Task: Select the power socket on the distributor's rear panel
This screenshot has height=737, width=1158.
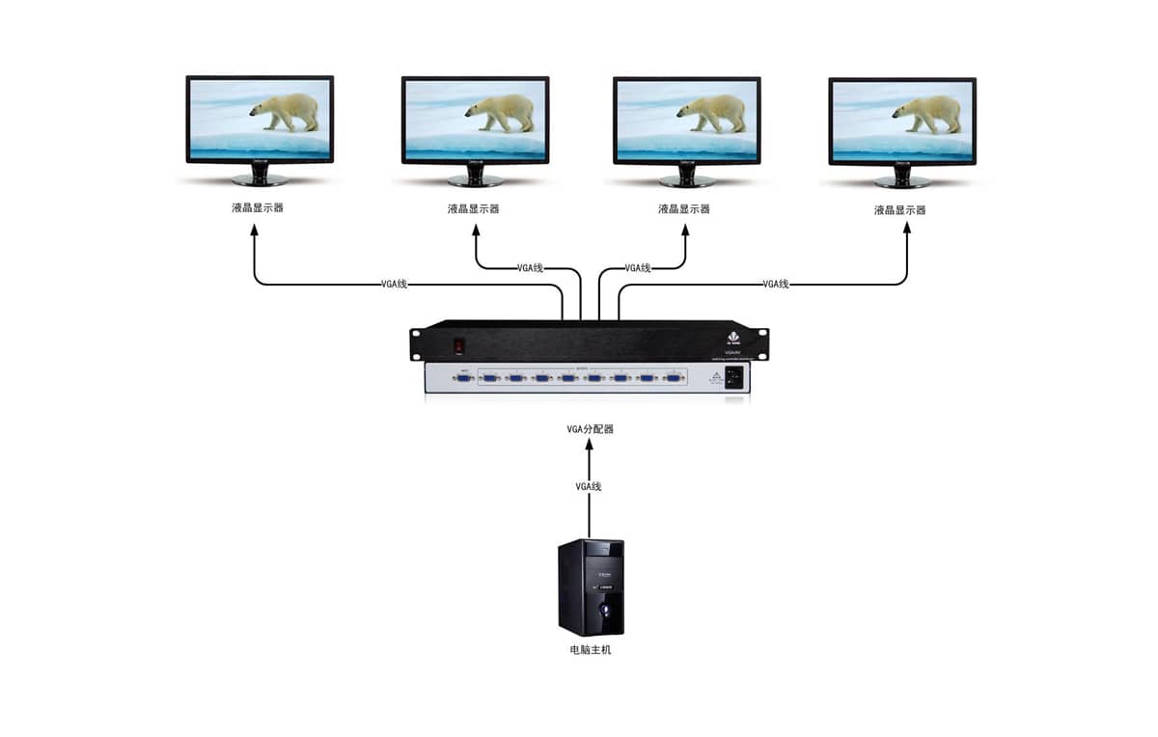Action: tap(734, 379)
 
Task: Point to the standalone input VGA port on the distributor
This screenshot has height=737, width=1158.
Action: tap(464, 379)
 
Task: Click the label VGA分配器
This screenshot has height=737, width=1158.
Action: tap(590, 428)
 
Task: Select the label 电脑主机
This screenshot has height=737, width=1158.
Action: tap(590, 650)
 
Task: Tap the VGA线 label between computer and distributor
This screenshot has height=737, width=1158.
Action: tap(589, 486)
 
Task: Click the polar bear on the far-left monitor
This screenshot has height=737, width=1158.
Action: tap(287, 111)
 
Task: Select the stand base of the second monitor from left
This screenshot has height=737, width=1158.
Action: tap(475, 180)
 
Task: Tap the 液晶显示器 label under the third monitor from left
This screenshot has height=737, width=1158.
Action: tap(684, 208)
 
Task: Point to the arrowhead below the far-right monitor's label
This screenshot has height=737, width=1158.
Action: tap(907, 228)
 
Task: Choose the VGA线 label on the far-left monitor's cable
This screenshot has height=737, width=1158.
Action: tap(395, 284)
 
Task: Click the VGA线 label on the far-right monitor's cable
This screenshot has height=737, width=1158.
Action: tap(776, 284)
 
